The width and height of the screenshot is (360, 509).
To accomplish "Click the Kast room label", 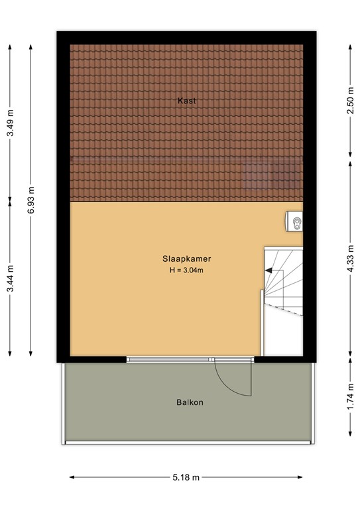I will click(x=186, y=101).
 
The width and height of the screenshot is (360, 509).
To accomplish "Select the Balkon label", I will click(x=190, y=402).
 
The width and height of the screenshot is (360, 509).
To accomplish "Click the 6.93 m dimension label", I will click(x=31, y=198).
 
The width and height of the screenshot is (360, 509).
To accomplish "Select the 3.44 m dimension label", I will click(x=9, y=280).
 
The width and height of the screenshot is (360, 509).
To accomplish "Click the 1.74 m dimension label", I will click(x=349, y=397).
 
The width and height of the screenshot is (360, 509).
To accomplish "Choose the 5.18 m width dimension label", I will click(x=186, y=477).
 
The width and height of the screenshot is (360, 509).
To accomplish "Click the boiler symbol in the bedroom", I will click(x=296, y=223).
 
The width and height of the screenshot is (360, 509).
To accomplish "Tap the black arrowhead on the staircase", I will click(x=269, y=270).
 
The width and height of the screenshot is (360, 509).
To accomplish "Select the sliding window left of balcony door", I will click(x=170, y=359).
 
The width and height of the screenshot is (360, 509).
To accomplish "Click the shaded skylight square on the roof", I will click(x=257, y=175).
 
